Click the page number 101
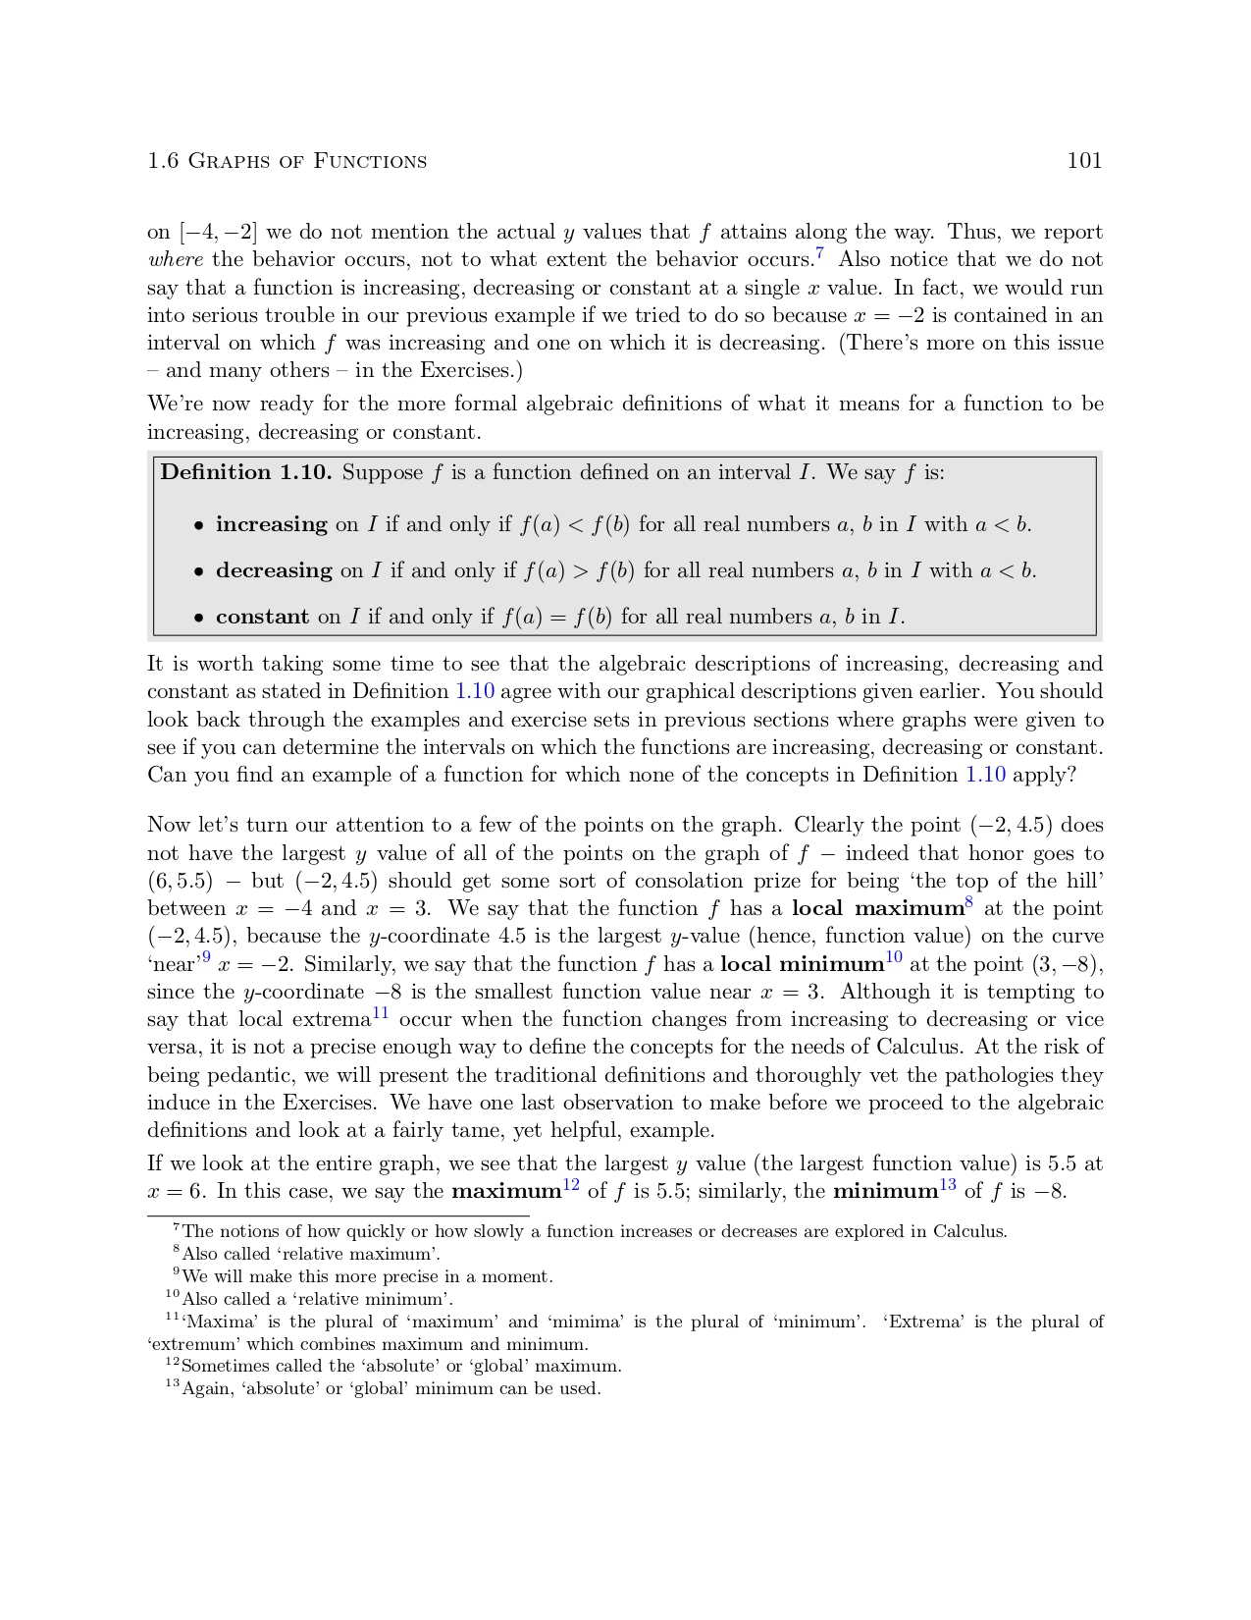[x=1084, y=161]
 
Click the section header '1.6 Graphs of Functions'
[x=287, y=161]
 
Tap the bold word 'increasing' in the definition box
[x=271, y=524]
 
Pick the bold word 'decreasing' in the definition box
[x=274, y=570]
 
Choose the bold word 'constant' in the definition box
[x=262, y=617]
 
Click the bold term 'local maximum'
[x=876, y=908]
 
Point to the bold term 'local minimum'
[x=802, y=964]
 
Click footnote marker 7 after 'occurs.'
[x=819, y=253]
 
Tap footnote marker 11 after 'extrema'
[x=381, y=1012]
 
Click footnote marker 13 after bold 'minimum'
[x=948, y=1185]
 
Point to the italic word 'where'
[x=175, y=260]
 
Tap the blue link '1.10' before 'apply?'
[x=985, y=775]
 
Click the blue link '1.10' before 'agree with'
[x=475, y=691]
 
